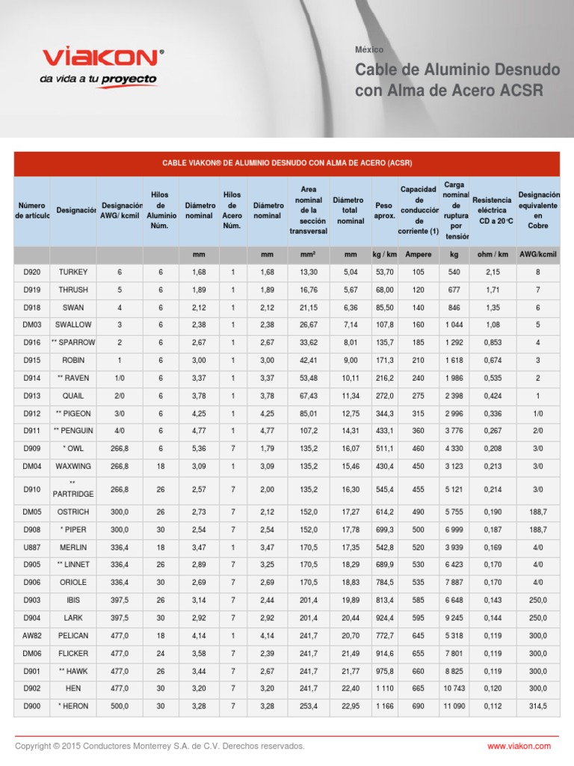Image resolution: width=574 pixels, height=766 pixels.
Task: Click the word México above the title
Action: click(369, 49)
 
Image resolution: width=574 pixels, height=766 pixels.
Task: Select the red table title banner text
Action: click(286, 163)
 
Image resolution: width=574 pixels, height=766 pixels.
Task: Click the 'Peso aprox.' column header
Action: click(384, 210)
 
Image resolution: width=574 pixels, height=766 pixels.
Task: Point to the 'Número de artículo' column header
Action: click(32, 210)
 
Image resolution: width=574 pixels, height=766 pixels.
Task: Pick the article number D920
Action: click(32, 272)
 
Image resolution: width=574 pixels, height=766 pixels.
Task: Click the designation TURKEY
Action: click(73, 272)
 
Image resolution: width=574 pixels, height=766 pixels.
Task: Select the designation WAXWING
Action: click(73, 466)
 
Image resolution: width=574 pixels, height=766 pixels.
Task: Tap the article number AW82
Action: click(32, 636)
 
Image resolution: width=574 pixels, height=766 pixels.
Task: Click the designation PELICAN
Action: click(73, 636)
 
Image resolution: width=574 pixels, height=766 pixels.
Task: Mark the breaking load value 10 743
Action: click(454, 689)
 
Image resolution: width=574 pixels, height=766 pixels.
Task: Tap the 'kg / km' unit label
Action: click(384, 255)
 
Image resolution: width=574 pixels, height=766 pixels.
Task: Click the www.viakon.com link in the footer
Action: click(519, 746)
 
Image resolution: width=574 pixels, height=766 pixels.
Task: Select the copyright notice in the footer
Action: click(160, 746)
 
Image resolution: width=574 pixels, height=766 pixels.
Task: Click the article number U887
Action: click(32, 547)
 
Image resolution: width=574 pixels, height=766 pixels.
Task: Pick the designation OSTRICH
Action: click(73, 512)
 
